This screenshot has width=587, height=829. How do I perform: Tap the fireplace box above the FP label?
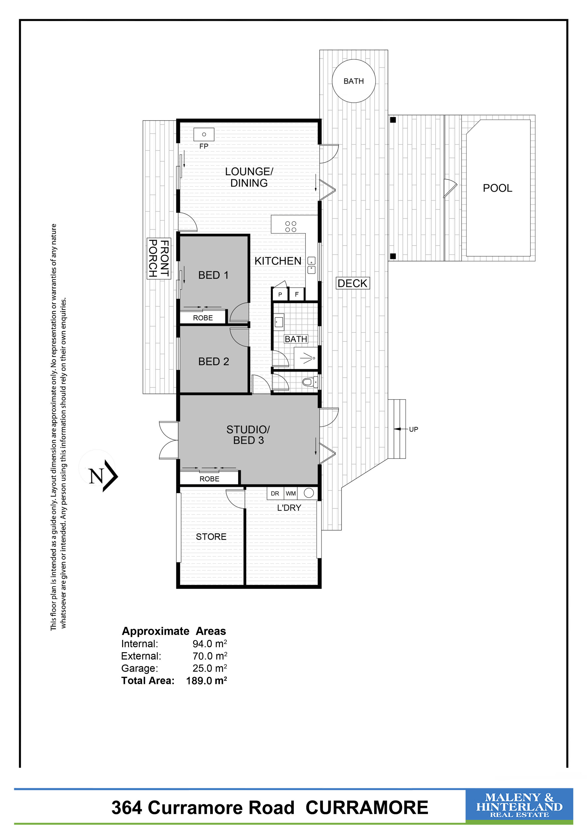204,134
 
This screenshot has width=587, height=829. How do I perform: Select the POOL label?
497,188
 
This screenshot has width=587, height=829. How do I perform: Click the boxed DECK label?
352,283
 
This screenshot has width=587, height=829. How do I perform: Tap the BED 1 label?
213,275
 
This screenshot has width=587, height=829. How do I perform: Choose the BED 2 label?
214,361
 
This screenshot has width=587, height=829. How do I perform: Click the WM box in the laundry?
291,493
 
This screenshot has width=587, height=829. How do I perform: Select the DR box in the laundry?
275,493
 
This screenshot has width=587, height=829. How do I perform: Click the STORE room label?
211,536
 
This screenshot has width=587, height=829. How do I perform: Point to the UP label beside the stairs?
414,429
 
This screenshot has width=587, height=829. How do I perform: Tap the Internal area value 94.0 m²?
210,643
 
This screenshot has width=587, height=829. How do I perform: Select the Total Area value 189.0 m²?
206,681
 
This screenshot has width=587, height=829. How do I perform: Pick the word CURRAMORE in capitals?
367,808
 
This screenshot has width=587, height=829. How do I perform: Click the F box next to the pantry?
297,294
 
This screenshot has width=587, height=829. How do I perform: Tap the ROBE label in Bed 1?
203,318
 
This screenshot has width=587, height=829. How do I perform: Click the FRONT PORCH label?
159,258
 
